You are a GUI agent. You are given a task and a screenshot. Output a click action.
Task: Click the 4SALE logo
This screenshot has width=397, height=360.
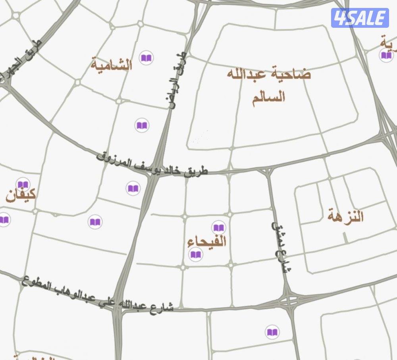[360, 18]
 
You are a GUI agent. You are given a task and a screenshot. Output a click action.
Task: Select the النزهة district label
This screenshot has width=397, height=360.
[346, 217]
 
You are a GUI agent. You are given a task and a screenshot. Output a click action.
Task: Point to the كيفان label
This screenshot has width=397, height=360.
[21, 195]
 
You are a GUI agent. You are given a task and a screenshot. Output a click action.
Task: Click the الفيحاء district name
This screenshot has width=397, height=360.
[207, 241]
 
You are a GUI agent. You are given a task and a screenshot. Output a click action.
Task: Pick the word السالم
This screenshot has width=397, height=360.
[269, 96]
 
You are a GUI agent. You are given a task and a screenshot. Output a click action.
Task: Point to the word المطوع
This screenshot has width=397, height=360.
[35, 282]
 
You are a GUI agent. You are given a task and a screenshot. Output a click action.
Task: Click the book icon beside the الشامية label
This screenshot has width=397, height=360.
[146, 58]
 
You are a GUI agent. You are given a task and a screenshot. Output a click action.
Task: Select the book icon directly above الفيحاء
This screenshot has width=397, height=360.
[219, 227]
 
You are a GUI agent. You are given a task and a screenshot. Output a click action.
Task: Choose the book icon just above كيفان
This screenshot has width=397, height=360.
[23, 184]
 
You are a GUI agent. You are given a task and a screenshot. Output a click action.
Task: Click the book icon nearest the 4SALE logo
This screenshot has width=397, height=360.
[386, 55]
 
